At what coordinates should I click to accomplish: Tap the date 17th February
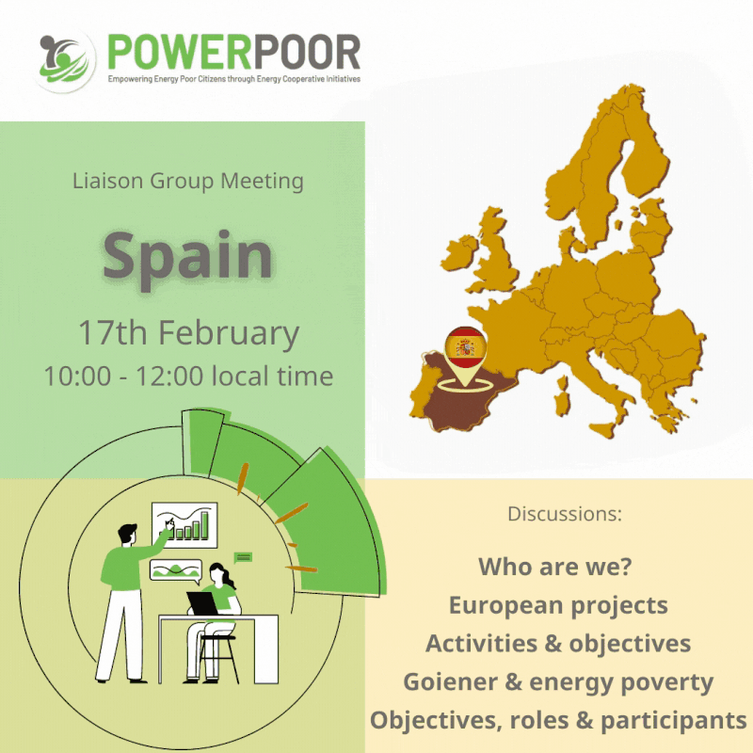click(189, 333)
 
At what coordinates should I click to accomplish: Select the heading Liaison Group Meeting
click(187, 182)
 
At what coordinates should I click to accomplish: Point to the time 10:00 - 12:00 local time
click(189, 376)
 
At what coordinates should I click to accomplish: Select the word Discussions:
click(565, 514)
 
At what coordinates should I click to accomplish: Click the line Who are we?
click(555, 567)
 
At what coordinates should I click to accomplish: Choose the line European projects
click(558, 606)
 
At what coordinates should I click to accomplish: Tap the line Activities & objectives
click(558, 644)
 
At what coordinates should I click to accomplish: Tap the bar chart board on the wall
click(184, 525)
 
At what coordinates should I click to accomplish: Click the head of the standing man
click(127, 534)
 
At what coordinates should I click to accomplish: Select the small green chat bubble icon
click(243, 557)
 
